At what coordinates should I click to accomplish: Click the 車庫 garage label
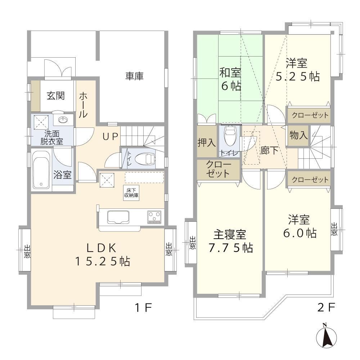point(134,76)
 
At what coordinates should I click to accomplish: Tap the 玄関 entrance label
point(56,95)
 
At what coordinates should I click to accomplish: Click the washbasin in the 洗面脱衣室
point(63,120)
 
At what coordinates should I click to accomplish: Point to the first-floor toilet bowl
point(145,159)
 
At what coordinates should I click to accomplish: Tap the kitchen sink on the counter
point(118,217)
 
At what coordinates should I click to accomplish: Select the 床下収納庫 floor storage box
point(131,193)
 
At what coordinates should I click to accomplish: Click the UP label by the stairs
point(110,137)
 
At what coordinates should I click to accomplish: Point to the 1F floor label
point(143,308)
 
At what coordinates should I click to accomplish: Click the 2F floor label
point(326,307)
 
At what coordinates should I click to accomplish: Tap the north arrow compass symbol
point(326,336)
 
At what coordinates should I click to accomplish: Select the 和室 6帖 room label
point(230,79)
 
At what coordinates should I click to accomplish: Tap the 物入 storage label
point(298,135)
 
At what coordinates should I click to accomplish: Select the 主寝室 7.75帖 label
point(230,241)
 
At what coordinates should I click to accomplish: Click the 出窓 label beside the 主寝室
point(192,243)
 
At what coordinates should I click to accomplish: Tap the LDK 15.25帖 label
point(103,255)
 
